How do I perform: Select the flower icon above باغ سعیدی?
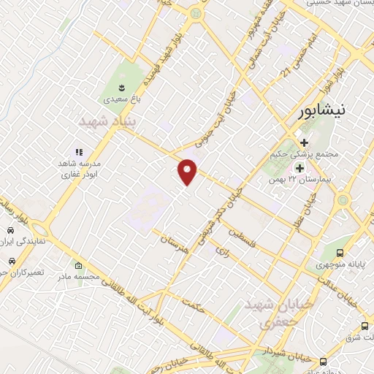tap(115, 85)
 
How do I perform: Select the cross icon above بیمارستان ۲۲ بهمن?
tap(299, 169)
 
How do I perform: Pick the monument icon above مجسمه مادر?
tap(78, 265)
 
